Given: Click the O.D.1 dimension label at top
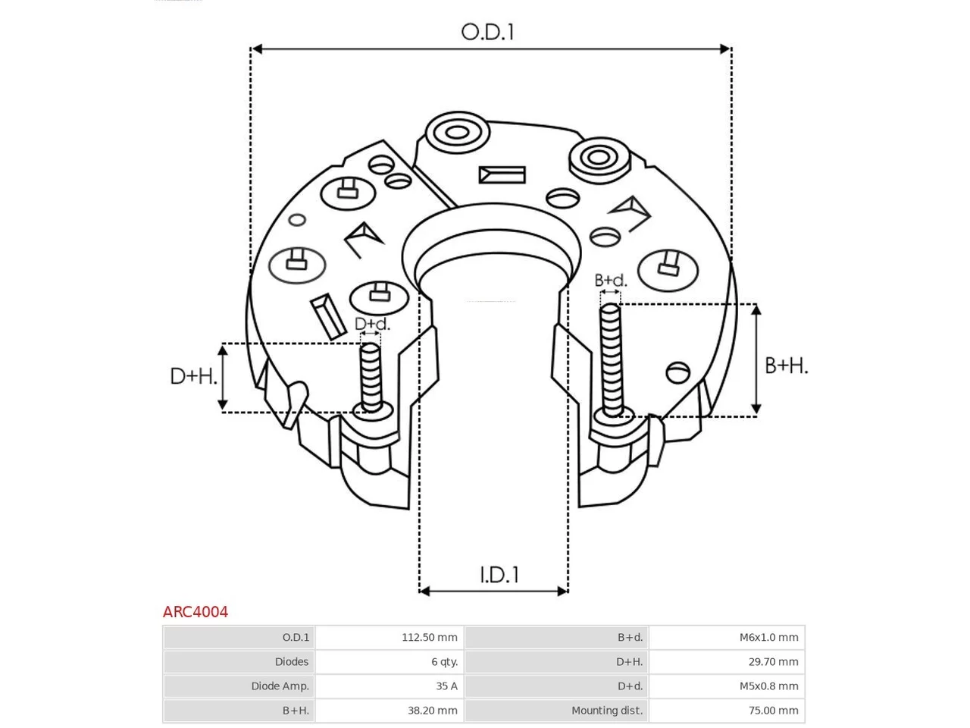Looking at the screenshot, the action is coord(487,33).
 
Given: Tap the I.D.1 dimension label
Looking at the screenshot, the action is coord(499,575).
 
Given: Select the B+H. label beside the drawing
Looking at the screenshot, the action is coord(786,366).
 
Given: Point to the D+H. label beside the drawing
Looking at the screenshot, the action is coord(193,377).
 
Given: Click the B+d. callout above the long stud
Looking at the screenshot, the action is coord(610,281).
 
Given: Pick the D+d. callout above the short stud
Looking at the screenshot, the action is coord(373,324).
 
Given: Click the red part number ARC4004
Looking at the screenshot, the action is coord(196,612).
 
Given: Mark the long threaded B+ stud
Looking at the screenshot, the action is coord(612,360).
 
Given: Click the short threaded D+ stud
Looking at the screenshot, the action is coord(371,378).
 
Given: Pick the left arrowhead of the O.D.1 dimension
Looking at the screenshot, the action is coord(257,49).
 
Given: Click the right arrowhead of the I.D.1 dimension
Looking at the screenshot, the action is coord(562,591).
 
